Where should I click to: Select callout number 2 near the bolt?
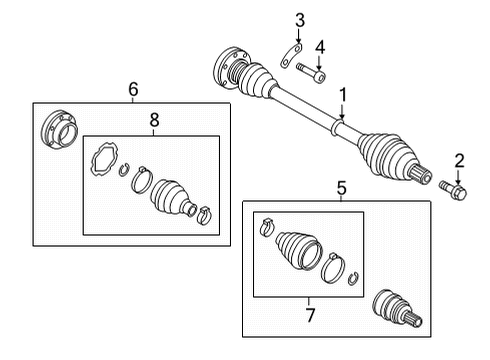(x=459, y=161)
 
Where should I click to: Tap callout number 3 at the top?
(x=300, y=20)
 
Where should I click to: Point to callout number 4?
(x=320, y=48)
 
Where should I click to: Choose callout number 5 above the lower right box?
(x=342, y=188)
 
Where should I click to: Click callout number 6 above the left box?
(x=133, y=89)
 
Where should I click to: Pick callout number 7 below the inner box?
(x=310, y=315)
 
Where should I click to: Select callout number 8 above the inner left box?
(x=154, y=120)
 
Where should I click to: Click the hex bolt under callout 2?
(x=453, y=191)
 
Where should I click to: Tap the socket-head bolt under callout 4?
(x=311, y=73)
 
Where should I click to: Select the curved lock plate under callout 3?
(x=291, y=56)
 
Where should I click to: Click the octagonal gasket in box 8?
(x=104, y=159)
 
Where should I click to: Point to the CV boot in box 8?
(x=173, y=199)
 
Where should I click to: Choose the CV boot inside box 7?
(x=298, y=250)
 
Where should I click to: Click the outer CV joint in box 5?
(x=397, y=309)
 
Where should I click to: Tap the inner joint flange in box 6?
(x=59, y=130)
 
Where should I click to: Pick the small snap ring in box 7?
(x=353, y=278)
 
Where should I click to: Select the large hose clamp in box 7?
(x=333, y=268)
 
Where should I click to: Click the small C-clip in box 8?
(x=124, y=170)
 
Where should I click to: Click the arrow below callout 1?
(x=342, y=111)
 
